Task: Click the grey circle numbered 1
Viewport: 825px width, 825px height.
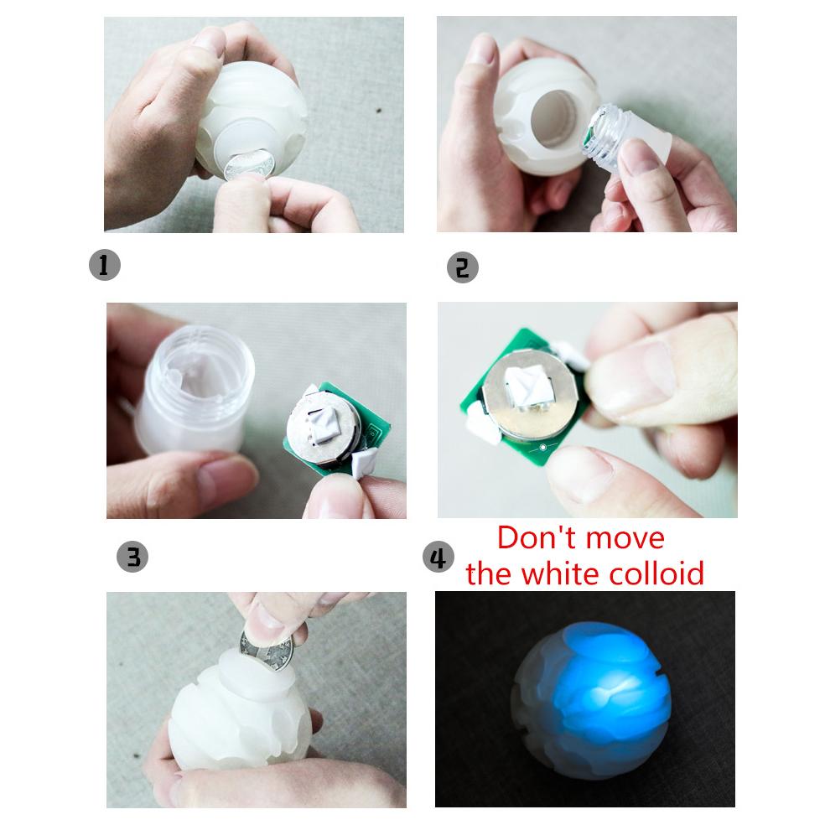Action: [105, 265]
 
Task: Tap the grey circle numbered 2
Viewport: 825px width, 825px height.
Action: [463, 267]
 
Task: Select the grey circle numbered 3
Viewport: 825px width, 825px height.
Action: [132, 557]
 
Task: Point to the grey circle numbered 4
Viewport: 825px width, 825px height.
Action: [438, 558]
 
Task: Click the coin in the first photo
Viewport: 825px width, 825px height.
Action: [249, 164]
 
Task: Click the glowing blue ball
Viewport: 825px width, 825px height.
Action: [591, 700]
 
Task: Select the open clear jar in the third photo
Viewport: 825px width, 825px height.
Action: [193, 389]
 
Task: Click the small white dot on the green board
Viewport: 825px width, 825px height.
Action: [543, 448]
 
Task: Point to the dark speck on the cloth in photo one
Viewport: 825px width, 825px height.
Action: [378, 111]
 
